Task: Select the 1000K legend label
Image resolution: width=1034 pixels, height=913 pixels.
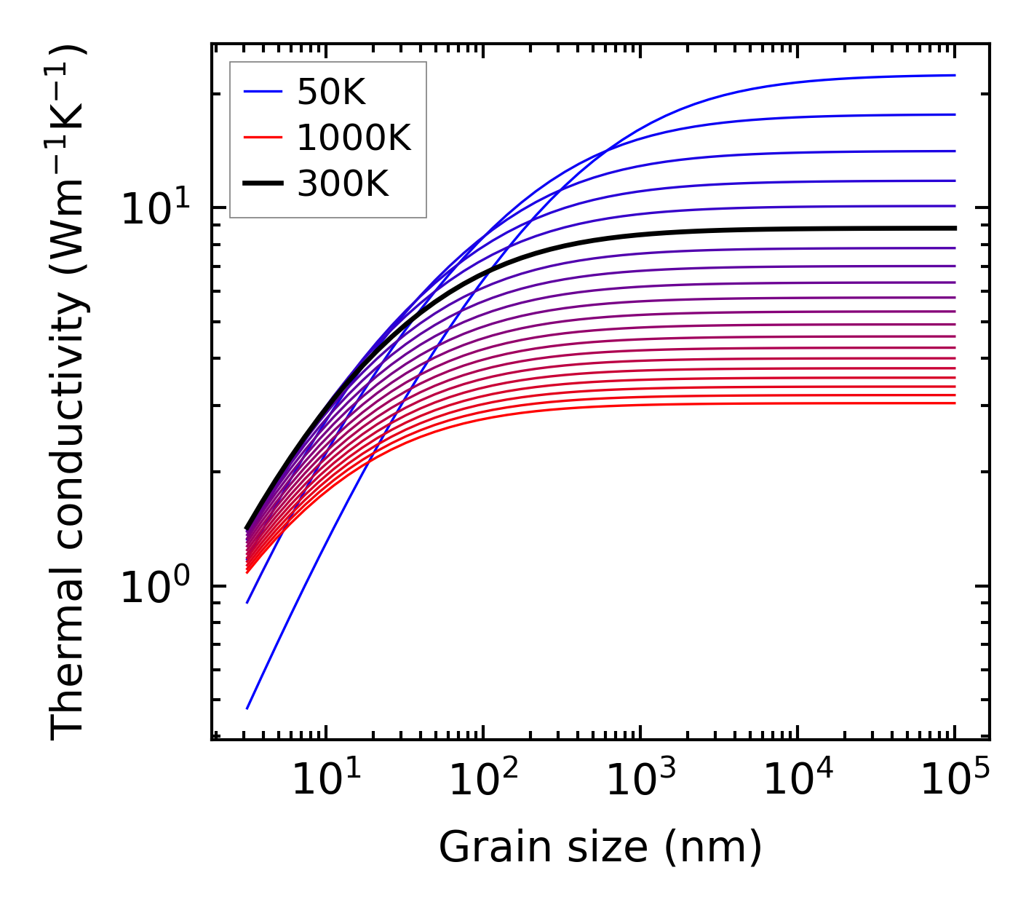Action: click(x=354, y=138)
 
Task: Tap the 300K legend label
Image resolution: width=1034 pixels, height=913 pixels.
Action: click(x=343, y=183)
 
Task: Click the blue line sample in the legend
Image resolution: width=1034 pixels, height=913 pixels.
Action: click(x=263, y=92)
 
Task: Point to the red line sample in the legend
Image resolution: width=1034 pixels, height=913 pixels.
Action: click(x=263, y=138)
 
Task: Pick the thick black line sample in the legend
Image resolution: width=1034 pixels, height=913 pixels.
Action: click(x=263, y=183)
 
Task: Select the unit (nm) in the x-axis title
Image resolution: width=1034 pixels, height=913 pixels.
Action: click(x=713, y=847)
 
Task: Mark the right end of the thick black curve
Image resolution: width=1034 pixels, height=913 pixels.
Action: click(x=954, y=228)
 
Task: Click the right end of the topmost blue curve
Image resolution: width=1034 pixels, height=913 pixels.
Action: click(x=954, y=75)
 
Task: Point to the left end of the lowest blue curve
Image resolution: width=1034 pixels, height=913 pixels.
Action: click(x=247, y=708)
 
